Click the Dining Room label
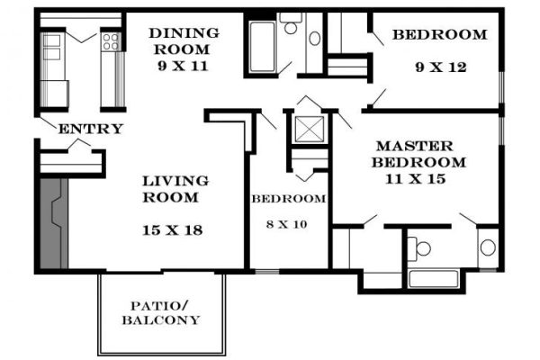(184, 41)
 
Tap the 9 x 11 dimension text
(184, 66)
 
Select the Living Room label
(175, 189)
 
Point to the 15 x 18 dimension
(173, 230)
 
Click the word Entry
(91, 129)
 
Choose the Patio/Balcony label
(161, 313)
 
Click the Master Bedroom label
(418, 154)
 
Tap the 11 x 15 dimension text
(415, 179)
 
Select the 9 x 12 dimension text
(441, 67)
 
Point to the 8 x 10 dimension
(286, 224)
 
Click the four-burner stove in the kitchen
(111, 41)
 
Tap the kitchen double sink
(51, 47)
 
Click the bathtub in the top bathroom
(262, 47)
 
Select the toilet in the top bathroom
(291, 23)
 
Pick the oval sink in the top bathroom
(314, 38)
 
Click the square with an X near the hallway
(310, 130)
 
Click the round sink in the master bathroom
(488, 247)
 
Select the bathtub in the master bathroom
(433, 279)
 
